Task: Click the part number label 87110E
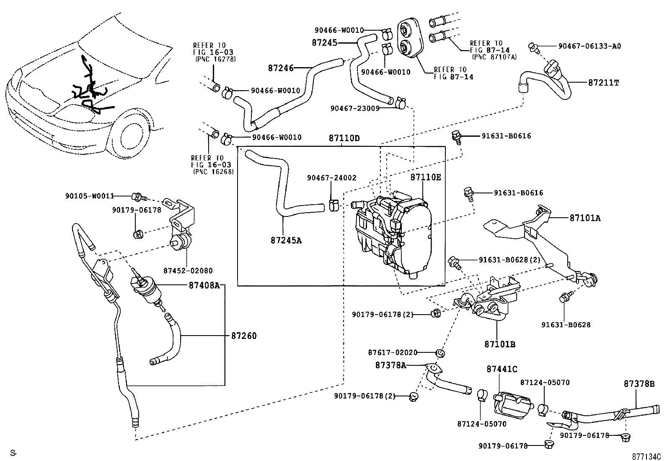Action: (x=425, y=177)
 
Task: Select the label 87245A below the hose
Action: (x=286, y=240)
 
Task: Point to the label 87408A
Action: (x=204, y=285)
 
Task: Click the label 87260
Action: (x=244, y=336)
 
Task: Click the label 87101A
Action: (x=585, y=218)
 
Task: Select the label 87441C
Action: (x=502, y=369)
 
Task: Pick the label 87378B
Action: (x=639, y=384)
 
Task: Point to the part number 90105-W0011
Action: (x=89, y=195)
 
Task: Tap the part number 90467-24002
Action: (x=331, y=178)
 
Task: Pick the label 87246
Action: (x=281, y=67)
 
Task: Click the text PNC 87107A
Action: (x=494, y=56)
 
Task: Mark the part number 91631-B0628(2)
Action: (x=509, y=260)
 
